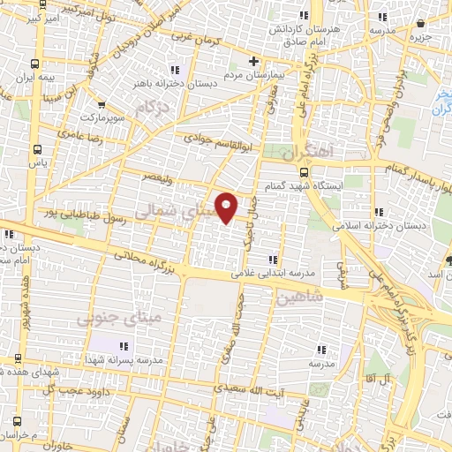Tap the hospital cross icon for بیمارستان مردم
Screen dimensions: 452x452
pyautogui.click(x=254, y=62)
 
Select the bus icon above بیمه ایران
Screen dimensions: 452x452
pyautogui.click(x=34, y=64)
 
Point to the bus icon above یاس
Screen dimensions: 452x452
pyautogui.click(x=37, y=148)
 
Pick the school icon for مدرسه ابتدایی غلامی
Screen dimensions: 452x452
pyautogui.click(x=273, y=260)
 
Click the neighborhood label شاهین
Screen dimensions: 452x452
pyautogui.click(x=294, y=299)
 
